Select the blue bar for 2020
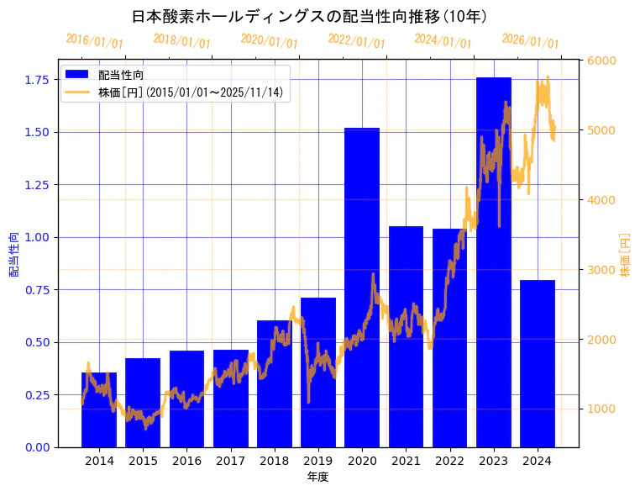362,287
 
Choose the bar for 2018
274,383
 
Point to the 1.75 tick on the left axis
37,80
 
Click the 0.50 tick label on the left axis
37,342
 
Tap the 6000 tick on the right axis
601,61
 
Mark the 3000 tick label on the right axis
601,270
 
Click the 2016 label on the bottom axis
186,461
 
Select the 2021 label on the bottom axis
406,461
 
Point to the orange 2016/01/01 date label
94,41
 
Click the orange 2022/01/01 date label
356,41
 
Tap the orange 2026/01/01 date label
530,41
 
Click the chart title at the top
312,16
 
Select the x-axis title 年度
317,477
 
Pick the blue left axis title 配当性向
13,254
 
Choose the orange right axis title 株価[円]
626,254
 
